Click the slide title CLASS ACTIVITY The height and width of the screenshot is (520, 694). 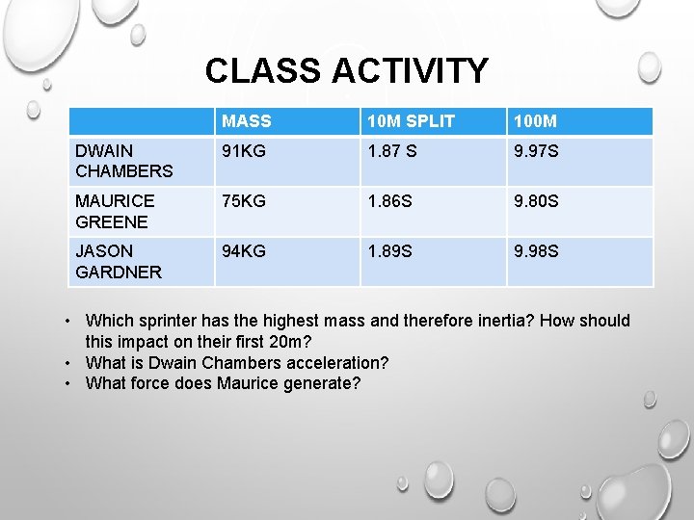346,71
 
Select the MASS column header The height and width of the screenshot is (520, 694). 247,121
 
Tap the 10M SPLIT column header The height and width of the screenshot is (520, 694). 405,121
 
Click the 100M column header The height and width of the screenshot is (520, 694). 536,121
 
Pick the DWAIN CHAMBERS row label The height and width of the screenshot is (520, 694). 123,161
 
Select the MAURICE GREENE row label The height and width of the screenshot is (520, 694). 115,211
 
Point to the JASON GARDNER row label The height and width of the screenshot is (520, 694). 119,261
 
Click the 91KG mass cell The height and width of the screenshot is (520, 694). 245,151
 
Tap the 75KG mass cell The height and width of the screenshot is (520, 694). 245,201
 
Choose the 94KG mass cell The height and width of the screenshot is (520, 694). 245,251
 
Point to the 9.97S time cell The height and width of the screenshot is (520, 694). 537,151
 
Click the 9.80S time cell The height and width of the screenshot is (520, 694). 537,201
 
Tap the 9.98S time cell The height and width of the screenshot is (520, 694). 537,251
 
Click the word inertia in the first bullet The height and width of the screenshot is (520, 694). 503,321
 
